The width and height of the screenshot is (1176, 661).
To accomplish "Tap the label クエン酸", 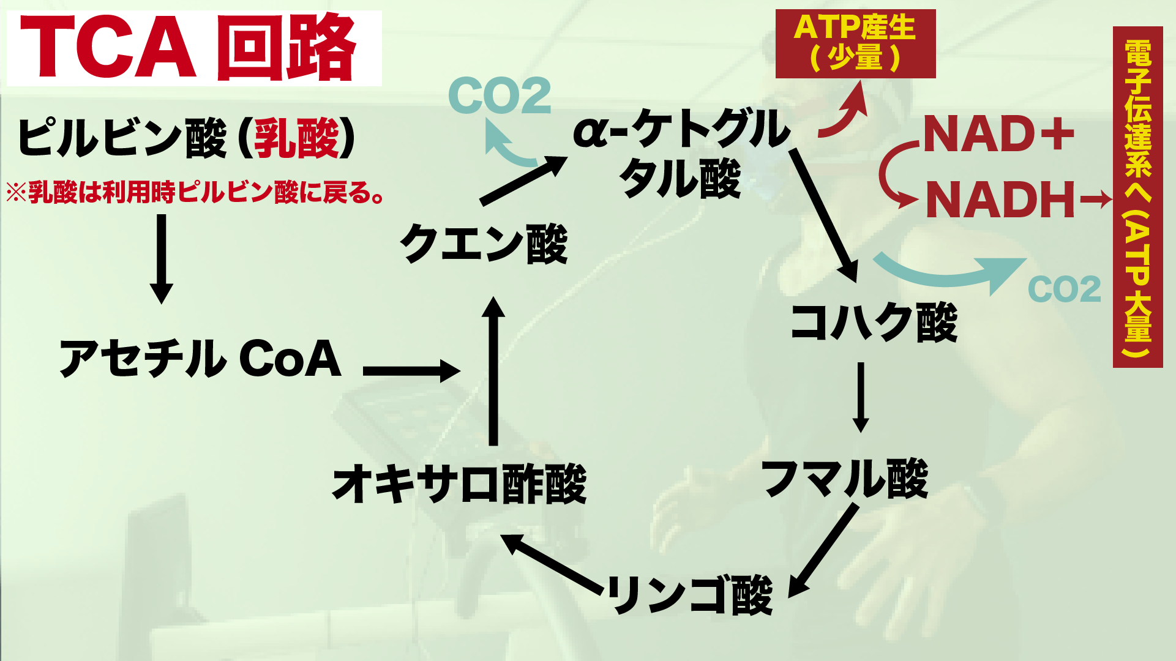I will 484,244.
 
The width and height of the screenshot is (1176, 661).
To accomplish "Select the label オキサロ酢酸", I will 459,484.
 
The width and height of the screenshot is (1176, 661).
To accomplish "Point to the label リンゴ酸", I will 690,594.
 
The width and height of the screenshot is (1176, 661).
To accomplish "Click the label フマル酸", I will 845,479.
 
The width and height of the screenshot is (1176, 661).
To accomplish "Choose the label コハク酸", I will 874,322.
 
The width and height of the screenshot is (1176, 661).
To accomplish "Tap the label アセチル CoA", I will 200,359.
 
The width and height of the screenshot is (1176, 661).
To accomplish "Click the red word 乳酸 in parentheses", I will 296,138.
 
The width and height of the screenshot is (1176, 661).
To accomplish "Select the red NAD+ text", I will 998,135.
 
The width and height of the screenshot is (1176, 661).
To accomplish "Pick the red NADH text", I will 1000,200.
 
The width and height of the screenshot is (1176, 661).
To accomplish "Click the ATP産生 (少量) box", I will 855,43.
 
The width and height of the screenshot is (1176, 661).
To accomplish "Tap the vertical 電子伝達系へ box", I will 1137,197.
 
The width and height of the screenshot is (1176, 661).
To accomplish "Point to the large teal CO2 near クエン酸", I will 500,95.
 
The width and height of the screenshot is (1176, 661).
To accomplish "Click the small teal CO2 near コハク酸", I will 1064,289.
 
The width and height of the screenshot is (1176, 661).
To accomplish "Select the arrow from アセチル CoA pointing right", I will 411,371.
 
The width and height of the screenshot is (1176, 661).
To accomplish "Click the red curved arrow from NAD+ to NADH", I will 891,175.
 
